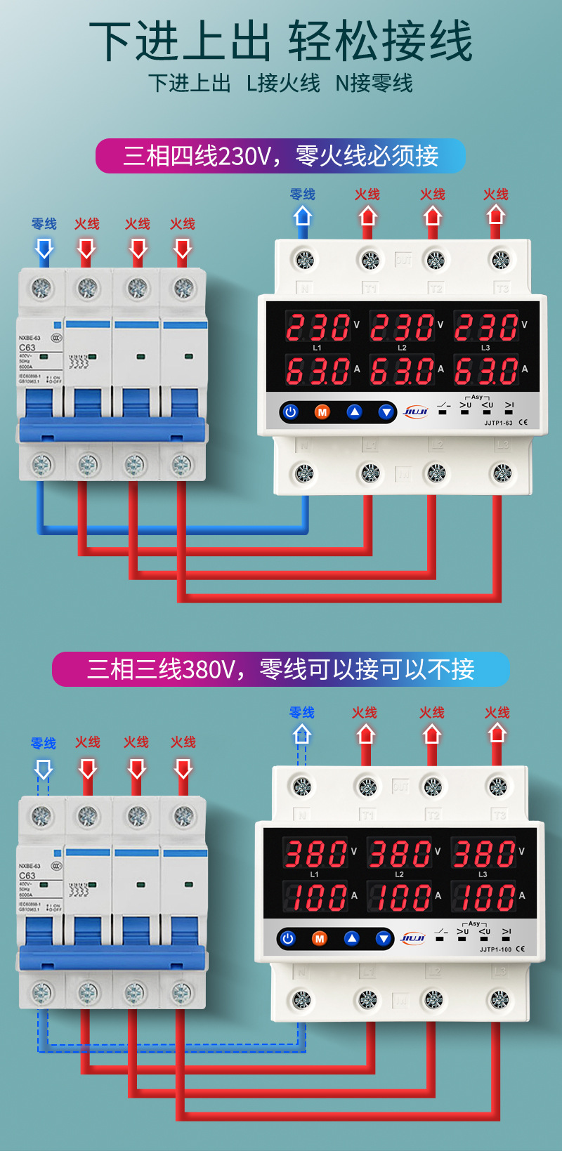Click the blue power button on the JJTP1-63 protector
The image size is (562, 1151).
(290, 412)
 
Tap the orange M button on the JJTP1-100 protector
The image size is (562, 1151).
(320, 938)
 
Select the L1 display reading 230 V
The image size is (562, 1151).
(318, 327)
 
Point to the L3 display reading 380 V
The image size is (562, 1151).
(483, 854)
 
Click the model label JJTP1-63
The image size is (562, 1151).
(498, 423)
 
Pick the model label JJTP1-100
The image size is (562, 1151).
(495, 949)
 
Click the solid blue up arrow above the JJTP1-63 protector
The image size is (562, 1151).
(302, 215)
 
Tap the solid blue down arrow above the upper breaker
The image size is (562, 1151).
(44, 249)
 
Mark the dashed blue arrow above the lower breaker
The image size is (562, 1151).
(44, 770)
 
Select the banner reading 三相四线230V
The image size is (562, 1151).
(280, 156)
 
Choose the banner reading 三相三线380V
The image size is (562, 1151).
(280, 669)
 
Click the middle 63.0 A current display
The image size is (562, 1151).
(402, 370)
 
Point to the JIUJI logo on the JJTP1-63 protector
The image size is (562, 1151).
(415, 412)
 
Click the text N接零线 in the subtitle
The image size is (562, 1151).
(374, 84)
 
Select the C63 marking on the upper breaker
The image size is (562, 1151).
(27, 348)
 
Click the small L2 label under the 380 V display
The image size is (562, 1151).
(399, 874)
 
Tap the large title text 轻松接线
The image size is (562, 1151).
(380, 41)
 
